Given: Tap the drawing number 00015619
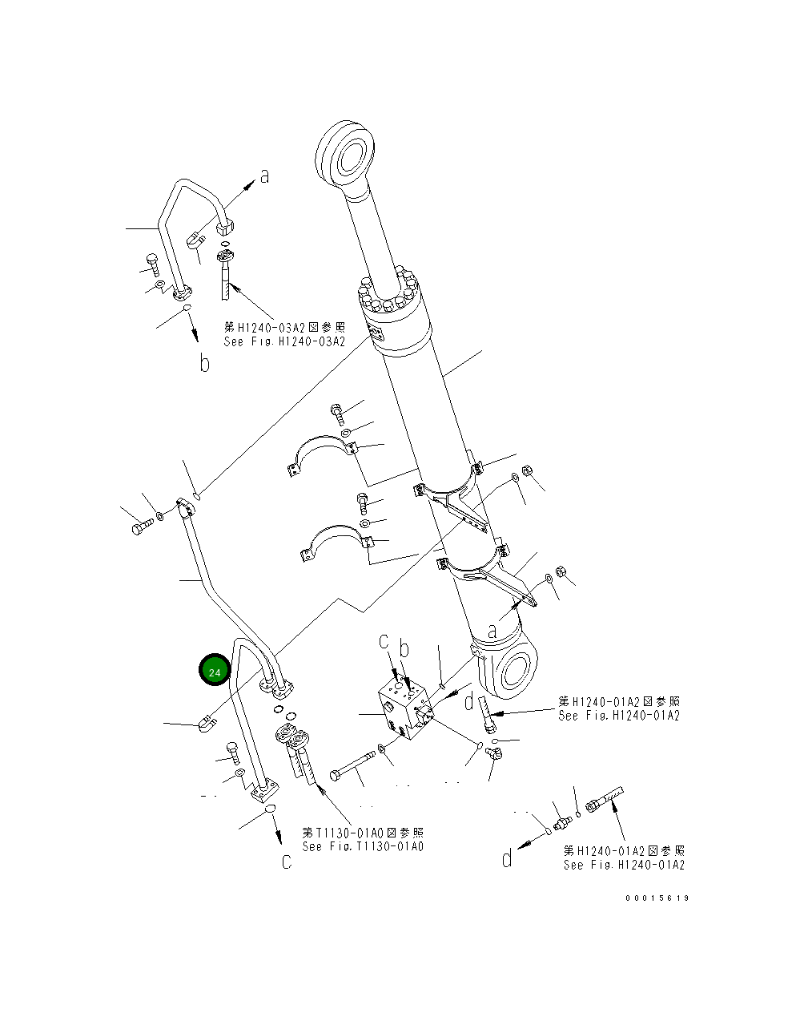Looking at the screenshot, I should point(657,898).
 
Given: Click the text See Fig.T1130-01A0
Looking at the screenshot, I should point(363,846).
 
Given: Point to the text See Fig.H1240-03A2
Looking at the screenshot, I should point(284,341).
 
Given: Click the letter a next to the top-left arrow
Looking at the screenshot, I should point(264,176).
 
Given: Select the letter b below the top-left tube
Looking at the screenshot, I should point(205,364).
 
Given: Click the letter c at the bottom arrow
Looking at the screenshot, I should point(286,862).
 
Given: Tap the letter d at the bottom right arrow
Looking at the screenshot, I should point(507,859).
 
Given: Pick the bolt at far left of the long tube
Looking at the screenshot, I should point(142,527).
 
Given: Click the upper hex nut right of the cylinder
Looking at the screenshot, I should point(527,470).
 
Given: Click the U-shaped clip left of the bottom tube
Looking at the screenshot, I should point(205,724).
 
